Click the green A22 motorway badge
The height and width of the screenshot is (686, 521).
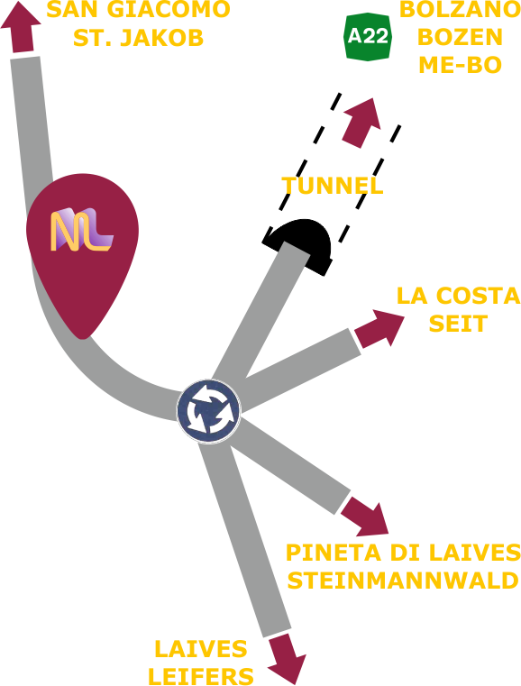pos(368,36)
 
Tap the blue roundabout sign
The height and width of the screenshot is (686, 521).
pos(209,411)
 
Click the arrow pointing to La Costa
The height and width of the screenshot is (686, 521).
pos(379,328)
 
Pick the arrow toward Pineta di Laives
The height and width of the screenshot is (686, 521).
pos(366,519)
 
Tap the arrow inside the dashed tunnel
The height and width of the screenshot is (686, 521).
pos(362,123)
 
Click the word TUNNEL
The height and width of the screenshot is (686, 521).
pos(333,186)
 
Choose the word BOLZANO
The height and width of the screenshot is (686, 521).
pos(461,10)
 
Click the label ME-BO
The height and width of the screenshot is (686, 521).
pos(461,65)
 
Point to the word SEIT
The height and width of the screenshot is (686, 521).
pos(458,324)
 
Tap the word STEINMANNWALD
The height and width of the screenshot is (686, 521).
pos(403,581)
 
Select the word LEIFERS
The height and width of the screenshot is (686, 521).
pos(201,676)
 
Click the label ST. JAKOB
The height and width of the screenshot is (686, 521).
pos(138,37)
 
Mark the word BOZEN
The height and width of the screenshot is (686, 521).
pos(461,37)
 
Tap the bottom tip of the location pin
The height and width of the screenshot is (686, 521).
pos(83,338)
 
